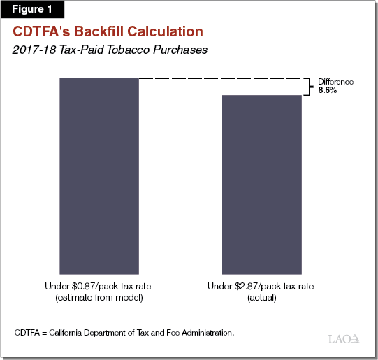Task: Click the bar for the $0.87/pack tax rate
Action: click(100, 175)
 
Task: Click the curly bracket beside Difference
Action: click(312, 86)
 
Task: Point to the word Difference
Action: click(336, 82)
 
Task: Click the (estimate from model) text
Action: click(100, 297)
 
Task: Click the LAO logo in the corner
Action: click(344, 339)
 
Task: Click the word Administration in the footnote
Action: click(206, 332)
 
